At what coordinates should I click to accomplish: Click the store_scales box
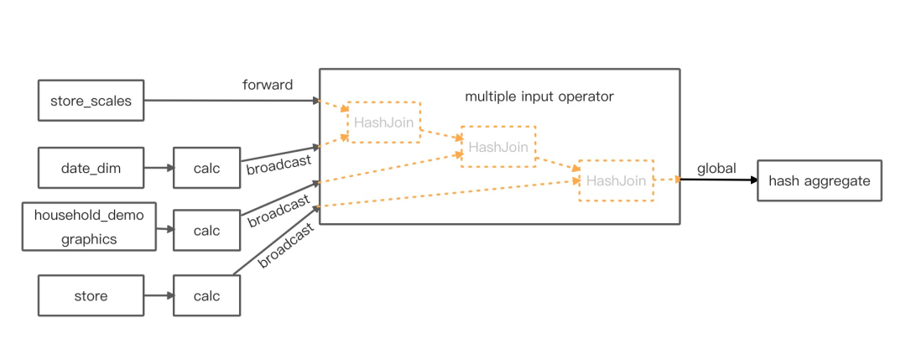coord(91,100)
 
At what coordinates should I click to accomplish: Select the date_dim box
coord(91,168)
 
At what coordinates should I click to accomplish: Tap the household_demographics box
coord(89,227)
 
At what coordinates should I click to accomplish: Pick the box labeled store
coord(91,295)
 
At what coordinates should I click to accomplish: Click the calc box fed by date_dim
coord(206,168)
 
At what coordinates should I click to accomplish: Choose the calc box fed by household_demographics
coord(206,230)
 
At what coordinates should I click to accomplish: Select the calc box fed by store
coord(206,295)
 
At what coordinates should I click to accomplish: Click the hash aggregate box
coord(819,180)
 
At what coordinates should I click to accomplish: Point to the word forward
coord(268,85)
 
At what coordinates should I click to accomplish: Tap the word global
coord(716,169)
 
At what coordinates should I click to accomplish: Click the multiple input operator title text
coord(539,97)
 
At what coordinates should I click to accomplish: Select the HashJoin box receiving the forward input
coord(383,123)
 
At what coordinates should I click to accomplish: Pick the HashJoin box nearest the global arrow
coord(616,180)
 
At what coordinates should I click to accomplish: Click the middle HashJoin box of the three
coord(498,147)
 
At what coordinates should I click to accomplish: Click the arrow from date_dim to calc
coord(159,168)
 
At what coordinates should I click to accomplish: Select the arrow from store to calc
coord(159,295)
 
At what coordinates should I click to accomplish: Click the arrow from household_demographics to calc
coord(164,227)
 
